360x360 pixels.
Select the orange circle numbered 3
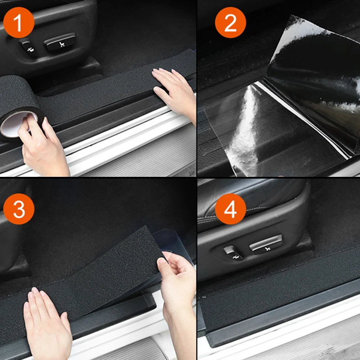[18, 209]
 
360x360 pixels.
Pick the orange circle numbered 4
[230, 209]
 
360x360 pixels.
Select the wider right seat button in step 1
[59, 43]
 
